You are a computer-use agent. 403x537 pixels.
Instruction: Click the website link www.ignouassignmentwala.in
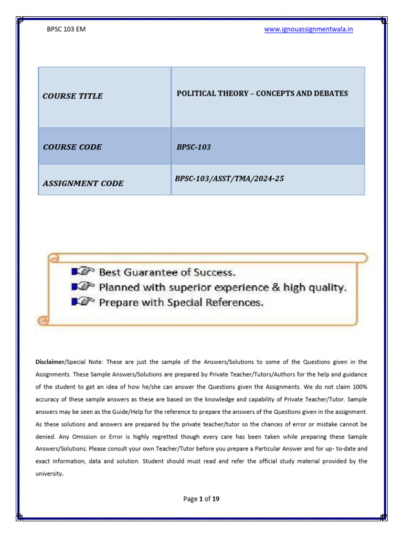309,29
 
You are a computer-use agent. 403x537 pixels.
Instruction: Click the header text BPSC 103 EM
67,29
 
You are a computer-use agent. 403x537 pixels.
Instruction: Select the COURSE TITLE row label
72,96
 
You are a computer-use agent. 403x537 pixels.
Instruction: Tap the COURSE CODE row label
72,147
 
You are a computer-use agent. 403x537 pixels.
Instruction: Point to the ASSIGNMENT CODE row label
83,183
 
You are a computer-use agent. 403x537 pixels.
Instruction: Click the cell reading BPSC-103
194,147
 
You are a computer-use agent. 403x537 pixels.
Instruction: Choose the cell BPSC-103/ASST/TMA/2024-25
229,179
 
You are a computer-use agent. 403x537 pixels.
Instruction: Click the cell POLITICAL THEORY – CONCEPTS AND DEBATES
262,93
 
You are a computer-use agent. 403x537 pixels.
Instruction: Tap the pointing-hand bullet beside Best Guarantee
82,272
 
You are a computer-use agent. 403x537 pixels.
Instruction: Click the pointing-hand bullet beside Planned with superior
82,287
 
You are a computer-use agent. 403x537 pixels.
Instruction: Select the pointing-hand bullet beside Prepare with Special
82,302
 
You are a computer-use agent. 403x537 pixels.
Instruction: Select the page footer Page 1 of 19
201,499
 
